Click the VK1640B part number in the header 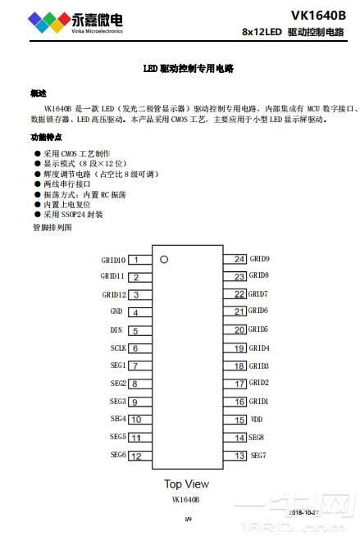coord(317,15)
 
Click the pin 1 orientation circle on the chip coord(164,260)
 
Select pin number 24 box coord(239,259)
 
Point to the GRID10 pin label coord(113,260)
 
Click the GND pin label coord(116,311)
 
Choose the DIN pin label coord(116,329)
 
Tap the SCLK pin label coord(117,347)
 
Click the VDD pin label coord(257,419)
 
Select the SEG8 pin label coord(257,437)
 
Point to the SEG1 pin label coord(117,366)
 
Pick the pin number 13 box coord(239,455)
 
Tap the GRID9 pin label coord(259,259)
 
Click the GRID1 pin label coord(259,401)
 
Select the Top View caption coord(186,484)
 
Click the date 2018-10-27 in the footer coord(303,513)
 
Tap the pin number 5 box coord(135,330)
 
